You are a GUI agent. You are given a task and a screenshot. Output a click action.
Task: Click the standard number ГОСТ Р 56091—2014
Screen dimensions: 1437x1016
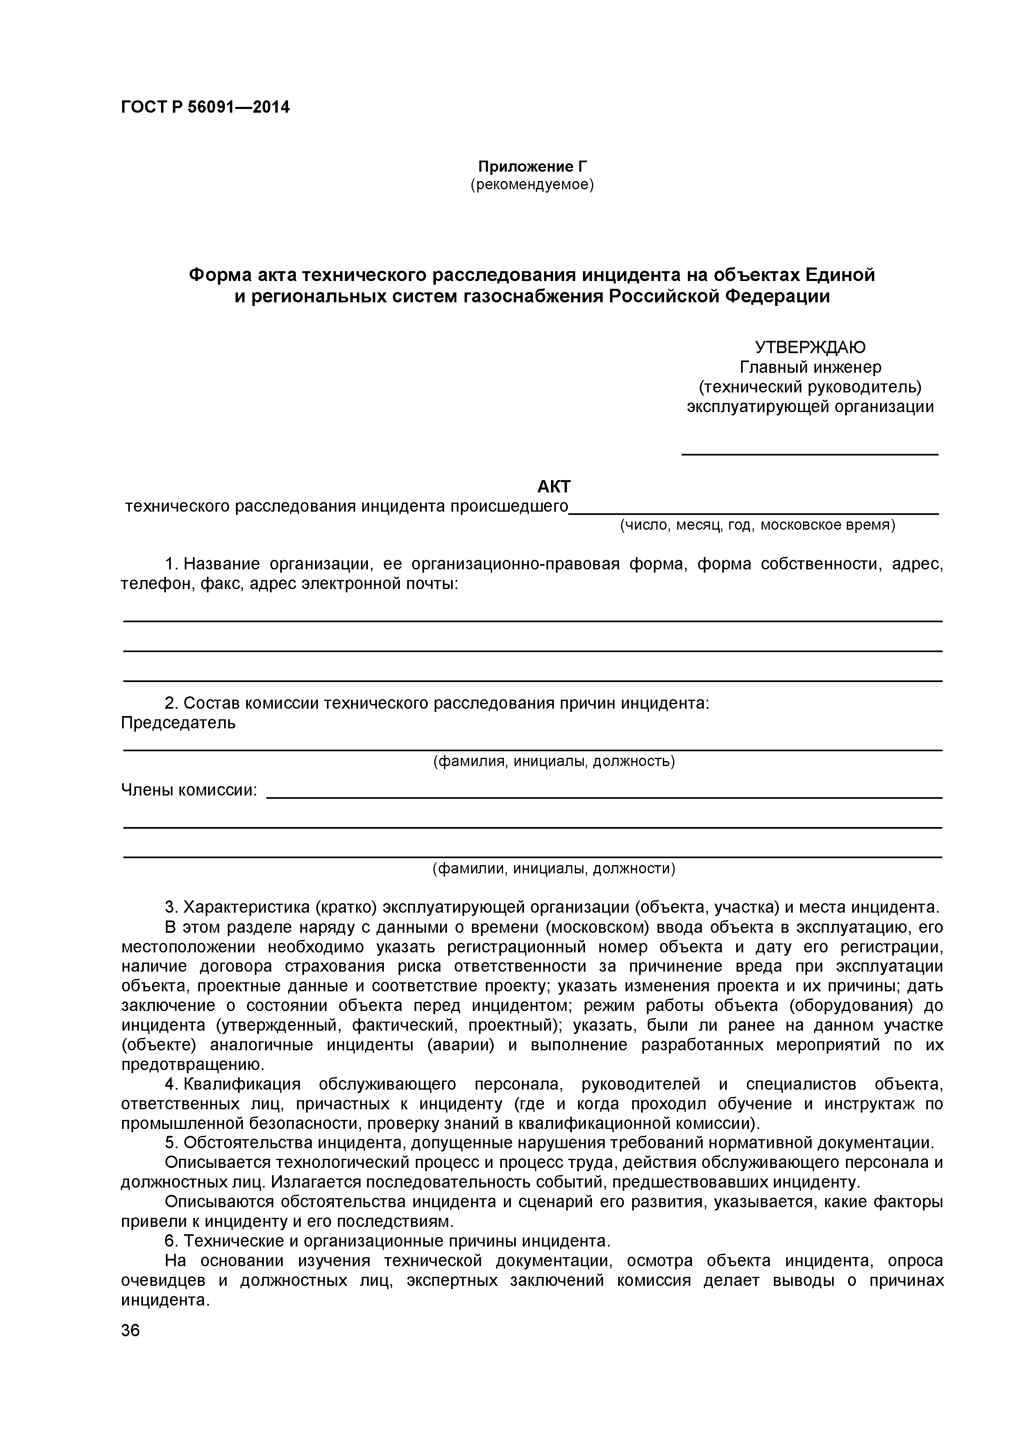205,107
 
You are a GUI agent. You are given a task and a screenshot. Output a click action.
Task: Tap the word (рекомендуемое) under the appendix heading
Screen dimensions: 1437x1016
532,185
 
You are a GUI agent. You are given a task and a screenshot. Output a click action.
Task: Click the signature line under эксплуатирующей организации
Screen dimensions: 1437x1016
810,454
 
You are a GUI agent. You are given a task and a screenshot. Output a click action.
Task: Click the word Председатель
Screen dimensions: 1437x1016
178,723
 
